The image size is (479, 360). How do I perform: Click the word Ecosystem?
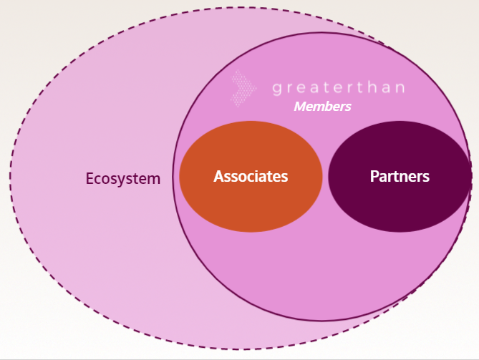click(122, 178)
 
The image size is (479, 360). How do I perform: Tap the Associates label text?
click(251, 176)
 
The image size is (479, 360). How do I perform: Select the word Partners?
click(400, 176)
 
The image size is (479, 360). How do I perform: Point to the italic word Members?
click(322, 107)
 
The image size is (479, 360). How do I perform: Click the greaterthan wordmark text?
click(338, 89)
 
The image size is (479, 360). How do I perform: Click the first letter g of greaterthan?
click(277, 90)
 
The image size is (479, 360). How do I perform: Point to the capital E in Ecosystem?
click(90, 178)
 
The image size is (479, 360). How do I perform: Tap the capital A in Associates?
click(219, 176)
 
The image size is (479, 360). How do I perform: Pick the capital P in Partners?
click(374, 176)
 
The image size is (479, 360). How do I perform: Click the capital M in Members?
click(300, 107)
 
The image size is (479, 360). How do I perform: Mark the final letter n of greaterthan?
click(400, 89)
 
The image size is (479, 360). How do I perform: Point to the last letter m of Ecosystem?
click(154, 179)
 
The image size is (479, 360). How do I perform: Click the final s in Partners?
click(426, 177)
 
